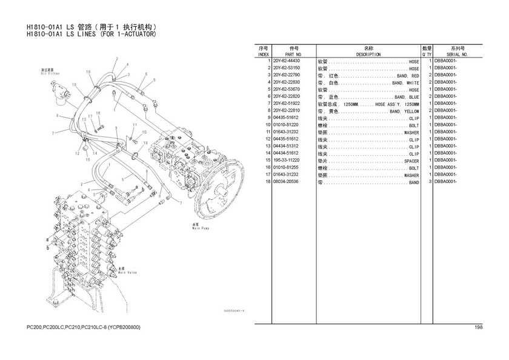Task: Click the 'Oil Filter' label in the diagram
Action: (48, 73)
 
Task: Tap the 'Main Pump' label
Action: (201, 228)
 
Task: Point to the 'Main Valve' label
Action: (127, 271)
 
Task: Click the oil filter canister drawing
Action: (62, 90)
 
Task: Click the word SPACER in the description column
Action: (411, 161)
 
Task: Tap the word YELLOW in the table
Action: (411, 112)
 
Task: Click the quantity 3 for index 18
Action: (429, 182)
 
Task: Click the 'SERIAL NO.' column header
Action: (457, 55)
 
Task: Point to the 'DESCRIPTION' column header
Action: (368, 55)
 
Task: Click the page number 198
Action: (479, 328)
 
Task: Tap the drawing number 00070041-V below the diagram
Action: (233, 312)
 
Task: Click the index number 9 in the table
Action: (267, 118)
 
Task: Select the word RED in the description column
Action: (415, 76)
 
